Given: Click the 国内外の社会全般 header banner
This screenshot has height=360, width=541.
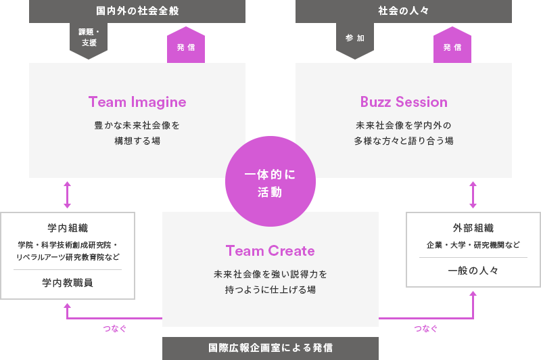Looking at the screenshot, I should point(137,11).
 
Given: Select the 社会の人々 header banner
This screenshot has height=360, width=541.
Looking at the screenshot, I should point(404,11).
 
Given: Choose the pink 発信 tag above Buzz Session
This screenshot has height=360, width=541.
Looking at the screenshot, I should point(452,47).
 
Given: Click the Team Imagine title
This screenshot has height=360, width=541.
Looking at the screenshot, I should point(137,102).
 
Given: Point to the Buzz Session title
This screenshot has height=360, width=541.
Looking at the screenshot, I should point(404,102).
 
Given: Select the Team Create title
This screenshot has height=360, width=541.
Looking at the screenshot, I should point(270,251).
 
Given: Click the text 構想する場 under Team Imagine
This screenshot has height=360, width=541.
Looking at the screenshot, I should point(137,141).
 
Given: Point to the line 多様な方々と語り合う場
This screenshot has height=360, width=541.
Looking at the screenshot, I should point(404,141).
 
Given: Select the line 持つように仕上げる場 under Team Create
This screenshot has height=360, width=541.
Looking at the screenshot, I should point(270,290).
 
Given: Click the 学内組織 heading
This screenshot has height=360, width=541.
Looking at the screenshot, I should point(67,228).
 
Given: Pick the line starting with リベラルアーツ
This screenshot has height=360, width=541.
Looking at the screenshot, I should point(67,257).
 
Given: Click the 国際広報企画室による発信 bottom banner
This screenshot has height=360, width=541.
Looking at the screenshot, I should point(270,348).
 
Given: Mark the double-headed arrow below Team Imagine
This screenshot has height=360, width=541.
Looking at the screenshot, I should point(67,195).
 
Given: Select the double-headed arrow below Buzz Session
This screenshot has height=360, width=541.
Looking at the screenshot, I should point(473,195).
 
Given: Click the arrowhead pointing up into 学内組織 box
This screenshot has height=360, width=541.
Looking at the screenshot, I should point(67,307).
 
